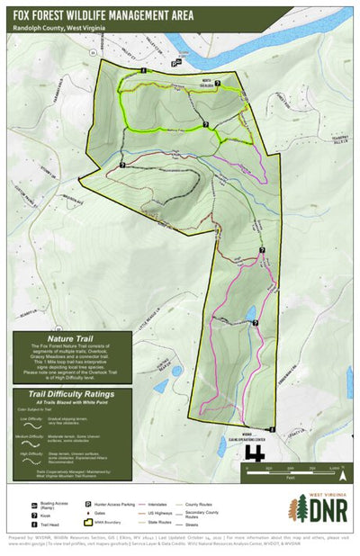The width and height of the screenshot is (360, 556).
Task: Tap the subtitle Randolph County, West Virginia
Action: click(x=62, y=28)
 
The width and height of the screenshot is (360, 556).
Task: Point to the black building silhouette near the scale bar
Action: click(x=256, y=454)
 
